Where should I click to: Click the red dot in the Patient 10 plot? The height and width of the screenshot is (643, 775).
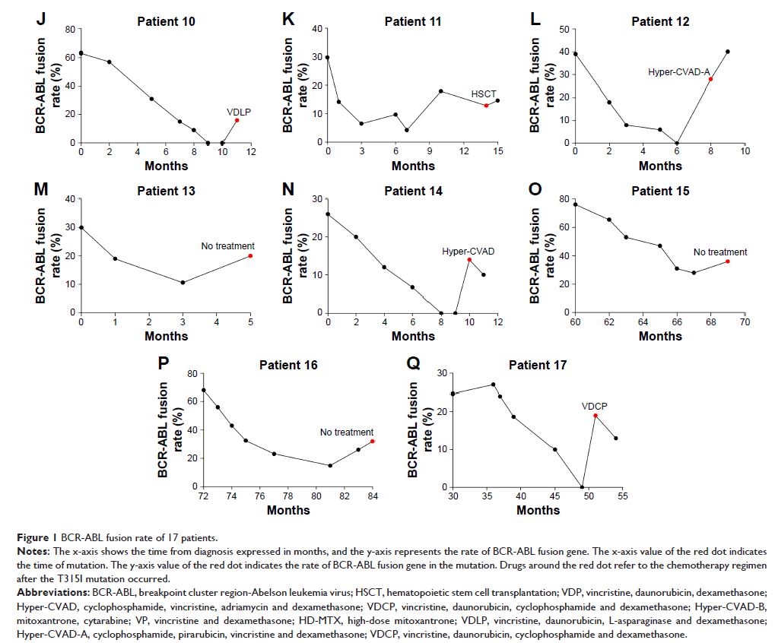click(x=237, y=120)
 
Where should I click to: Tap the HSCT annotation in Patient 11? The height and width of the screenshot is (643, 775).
click(x=484, y=93)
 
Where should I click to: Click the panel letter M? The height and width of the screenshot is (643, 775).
click(x=43, y=190)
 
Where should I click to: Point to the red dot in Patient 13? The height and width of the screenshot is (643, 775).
click(x=250, y=255)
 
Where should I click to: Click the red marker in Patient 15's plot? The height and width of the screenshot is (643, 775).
click(x=728, y=261)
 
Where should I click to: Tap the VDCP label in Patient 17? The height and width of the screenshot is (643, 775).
click(x=594, y=405)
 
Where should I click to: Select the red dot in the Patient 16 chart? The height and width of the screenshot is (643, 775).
click(x=372, y=441)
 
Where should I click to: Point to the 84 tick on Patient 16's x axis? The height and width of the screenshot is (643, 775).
click(x=372, y=497)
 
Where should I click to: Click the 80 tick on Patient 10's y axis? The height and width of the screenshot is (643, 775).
click(x=69, y=30)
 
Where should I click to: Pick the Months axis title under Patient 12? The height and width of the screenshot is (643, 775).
click(x=659, y=166)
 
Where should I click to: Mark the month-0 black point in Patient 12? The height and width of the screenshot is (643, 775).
click(x=575, y=54)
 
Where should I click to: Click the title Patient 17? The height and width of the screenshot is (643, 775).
click(x=538, y=365)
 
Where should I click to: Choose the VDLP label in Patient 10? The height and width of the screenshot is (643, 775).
click(x=238, y=111)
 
